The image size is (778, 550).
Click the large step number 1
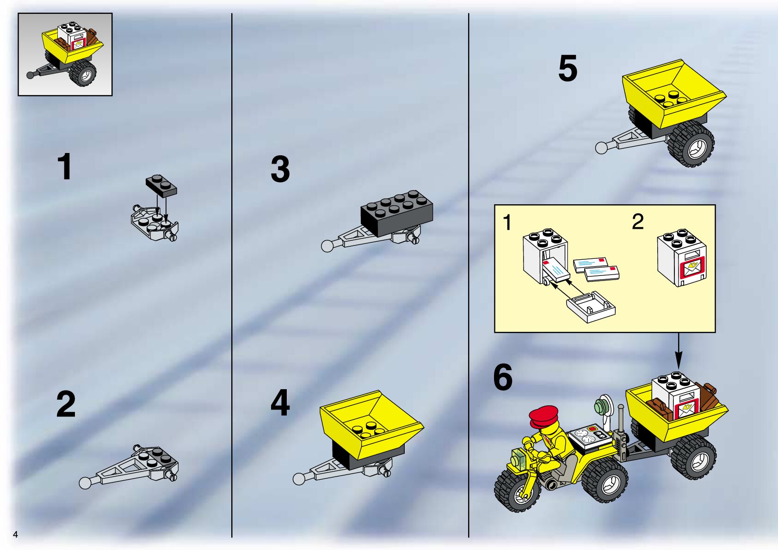65,166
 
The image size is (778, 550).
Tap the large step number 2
66,404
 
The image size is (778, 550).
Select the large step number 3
280,169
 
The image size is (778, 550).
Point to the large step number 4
280,403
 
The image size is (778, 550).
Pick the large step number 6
503,377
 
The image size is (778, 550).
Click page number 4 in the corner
15,534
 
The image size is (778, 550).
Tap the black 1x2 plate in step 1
161,186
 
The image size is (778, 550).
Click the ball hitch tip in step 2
85,483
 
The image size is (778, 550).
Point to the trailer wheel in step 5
691,144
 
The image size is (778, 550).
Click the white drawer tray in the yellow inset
591,306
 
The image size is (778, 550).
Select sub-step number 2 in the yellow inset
638,222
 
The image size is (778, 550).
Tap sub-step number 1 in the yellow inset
507,222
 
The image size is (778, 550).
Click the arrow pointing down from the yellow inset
679,351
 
